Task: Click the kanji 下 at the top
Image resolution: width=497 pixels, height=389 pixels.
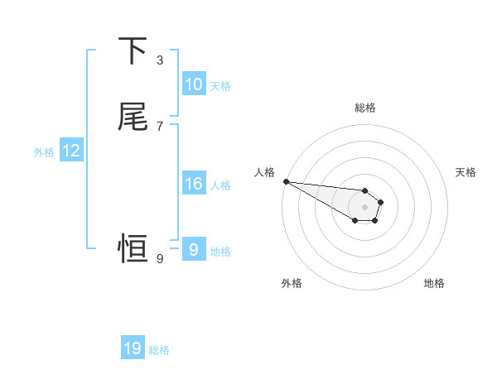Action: (133, 51)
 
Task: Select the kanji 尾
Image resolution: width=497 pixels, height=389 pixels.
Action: (133, 117)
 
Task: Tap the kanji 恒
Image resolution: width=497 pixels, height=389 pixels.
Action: (133, 247)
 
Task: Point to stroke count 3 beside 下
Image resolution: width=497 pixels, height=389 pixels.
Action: (160, 60)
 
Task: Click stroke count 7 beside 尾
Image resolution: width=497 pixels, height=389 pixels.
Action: (160, 126)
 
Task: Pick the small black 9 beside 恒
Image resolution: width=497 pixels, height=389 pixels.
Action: (160, 259)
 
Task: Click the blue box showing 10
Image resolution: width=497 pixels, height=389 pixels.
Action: (194, 84)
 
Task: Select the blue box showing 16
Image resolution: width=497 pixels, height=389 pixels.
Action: (194, 184)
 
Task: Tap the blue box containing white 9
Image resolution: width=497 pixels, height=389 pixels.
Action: (193, 249)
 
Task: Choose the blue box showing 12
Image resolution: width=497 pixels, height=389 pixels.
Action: (71, 151)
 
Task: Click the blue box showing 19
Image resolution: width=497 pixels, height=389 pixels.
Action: (133, 348)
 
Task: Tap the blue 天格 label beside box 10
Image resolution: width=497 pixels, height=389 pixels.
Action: (220, 85)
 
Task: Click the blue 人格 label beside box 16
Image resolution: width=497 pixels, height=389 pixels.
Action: (220, 185)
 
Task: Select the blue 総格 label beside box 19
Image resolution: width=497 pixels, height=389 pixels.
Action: (159, 350)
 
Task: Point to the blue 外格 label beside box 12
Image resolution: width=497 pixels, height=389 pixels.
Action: (44, 152)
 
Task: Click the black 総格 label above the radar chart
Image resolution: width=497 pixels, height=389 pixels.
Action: (365, 108)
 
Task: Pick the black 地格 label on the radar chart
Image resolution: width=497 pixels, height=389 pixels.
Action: (434, 283)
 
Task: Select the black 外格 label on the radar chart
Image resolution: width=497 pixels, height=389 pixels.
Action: (292, 283)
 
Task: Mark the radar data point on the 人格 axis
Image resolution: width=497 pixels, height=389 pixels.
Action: (285, 180)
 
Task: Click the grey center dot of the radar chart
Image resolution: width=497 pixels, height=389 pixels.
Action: (364, 206)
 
